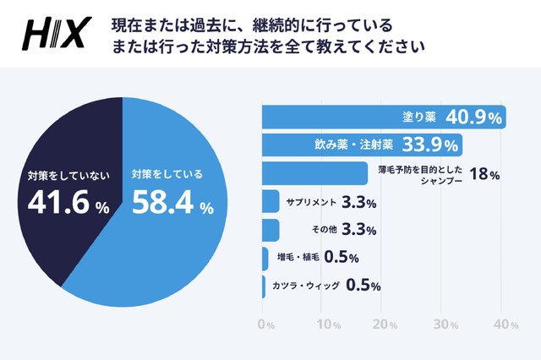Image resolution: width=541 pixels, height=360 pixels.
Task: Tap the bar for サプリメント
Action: (x=270, y=202)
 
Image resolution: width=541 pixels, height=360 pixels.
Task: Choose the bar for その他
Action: (x=270, y=230)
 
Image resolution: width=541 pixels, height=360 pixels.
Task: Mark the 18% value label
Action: (x=484, y=175)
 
